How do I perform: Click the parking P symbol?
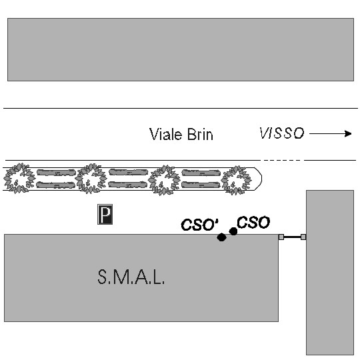pyautogui.click(x=105, y=214)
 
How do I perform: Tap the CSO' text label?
pyautogui.click(x=200, y=224)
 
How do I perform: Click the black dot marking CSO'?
pyautogui.click(x=221, y=237)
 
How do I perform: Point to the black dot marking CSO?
pyautogui.click(x=233, y=231)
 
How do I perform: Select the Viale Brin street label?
pyautogui.click(x=181, y=134)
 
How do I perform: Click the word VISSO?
pyautogui.click(x=282, y=133)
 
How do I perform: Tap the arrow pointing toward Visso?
pyautogui.click(x=331, y=133)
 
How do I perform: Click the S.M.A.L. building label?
pyautogui.click(x=131, y=277)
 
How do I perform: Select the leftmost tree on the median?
pyautogui.click(x=19, y=178)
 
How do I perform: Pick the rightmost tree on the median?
pyautogui.click(x=236, y=180)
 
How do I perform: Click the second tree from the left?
pyautogui.click(x=91, y=179)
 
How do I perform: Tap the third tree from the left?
pyautogui.click(x=164, y=180)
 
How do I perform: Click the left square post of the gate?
pyautogui.click(x=281, y=237)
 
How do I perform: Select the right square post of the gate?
pyautogui.click(x=303, y=237)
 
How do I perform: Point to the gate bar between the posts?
pyautogui.click(x=292, y=237)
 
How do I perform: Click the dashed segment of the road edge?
pyautogui.click(x=282, y=160)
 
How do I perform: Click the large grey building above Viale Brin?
pyautogui.click(x=181, y=49)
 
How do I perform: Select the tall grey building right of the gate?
pyautogui.click(x=330, y=273)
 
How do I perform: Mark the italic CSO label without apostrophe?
pyautogui.click(x=253, y=222)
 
